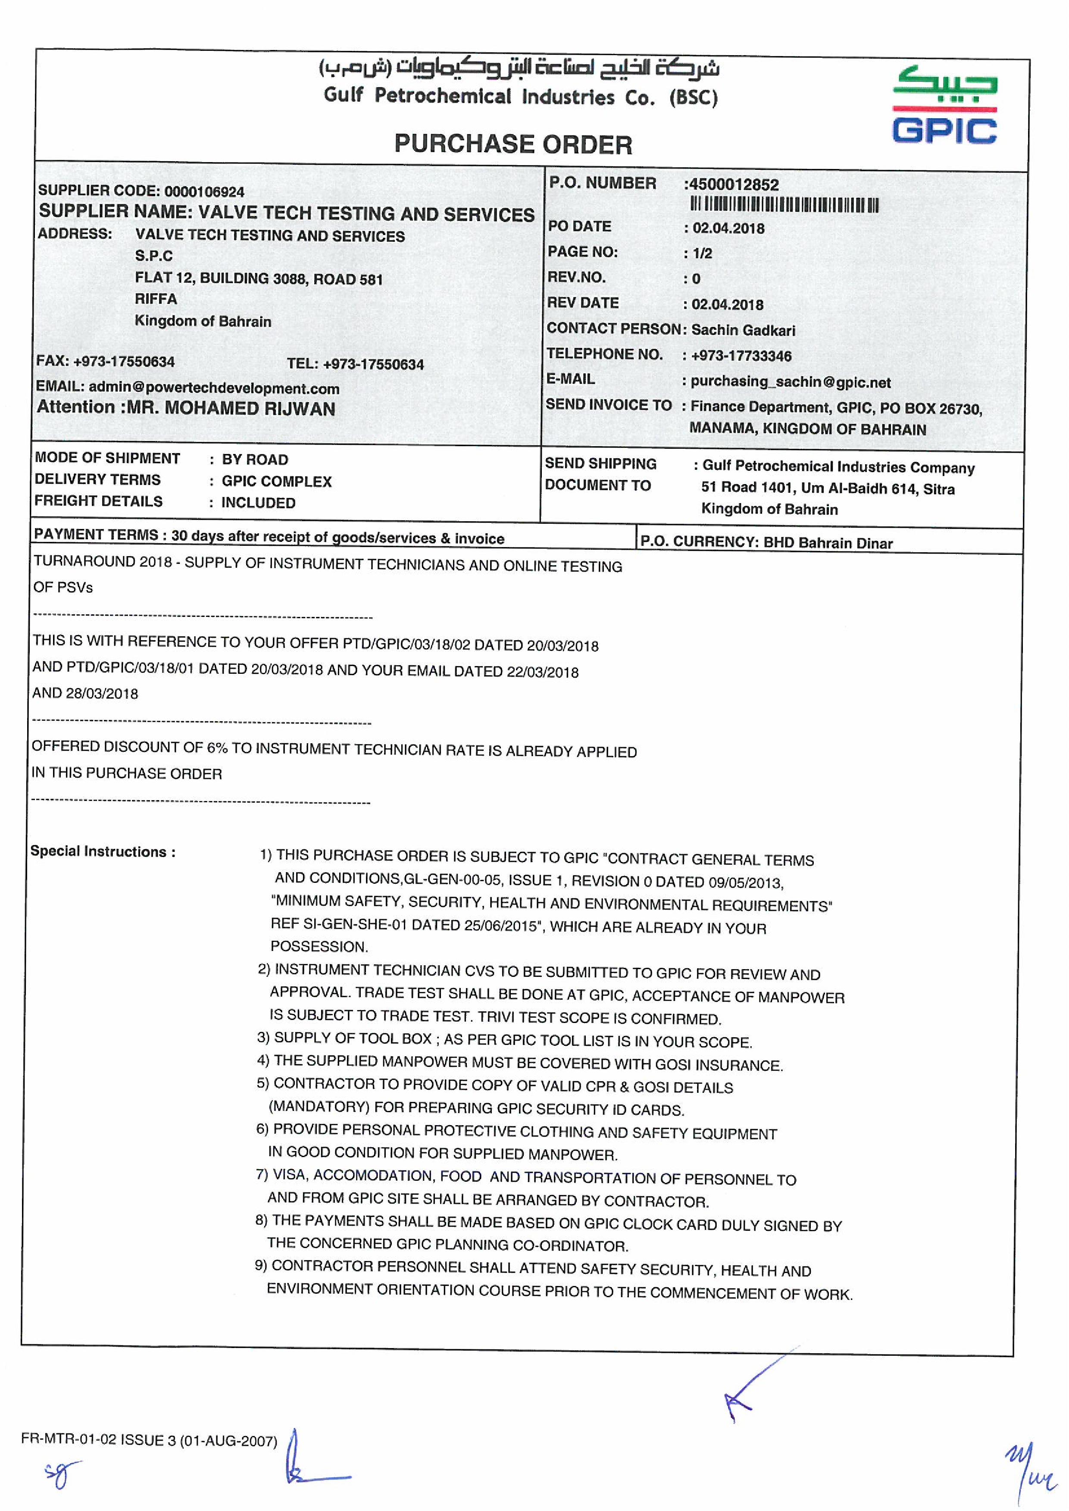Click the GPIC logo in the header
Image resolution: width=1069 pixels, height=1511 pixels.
point(944,105)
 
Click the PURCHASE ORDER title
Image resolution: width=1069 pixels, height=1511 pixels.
point(513,144)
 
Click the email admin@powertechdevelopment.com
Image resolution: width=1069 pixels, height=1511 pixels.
point(214,388)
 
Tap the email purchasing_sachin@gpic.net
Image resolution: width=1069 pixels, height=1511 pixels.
point(791,382)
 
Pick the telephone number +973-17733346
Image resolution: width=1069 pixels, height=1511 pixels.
point(741,356)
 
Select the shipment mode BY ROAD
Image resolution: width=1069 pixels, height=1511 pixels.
point(255,460)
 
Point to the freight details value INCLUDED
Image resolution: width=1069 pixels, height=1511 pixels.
point(258,503)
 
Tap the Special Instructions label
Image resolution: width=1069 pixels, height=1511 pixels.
point(103,851)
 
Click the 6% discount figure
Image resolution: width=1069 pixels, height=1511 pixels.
point(217,747)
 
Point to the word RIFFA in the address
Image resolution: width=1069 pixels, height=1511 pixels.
point(156,299)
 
